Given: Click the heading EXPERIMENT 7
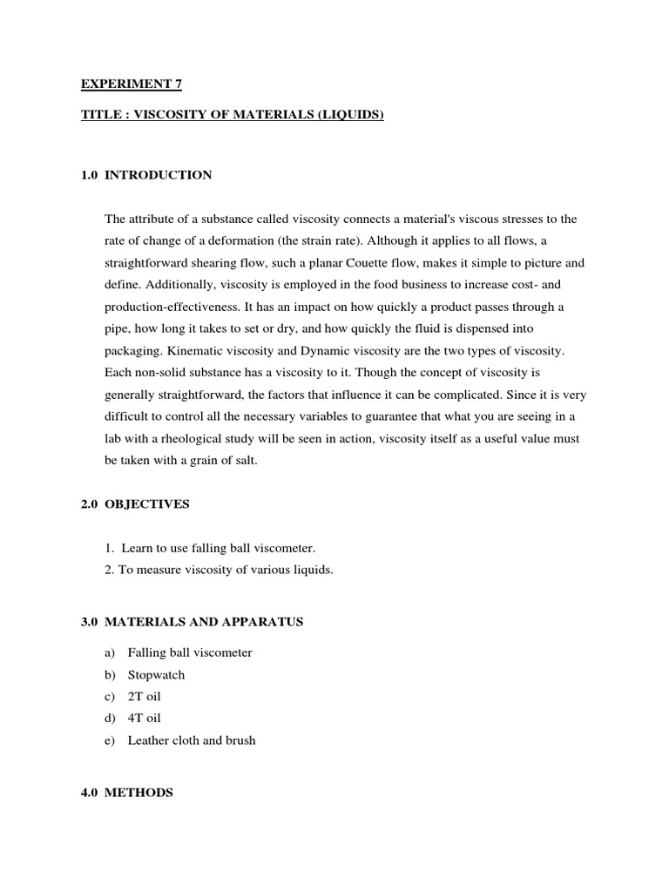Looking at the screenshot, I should click(x=132, y=84).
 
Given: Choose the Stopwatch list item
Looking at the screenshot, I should click(x=156, y=674).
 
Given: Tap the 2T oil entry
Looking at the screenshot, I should click(x=145, y=696).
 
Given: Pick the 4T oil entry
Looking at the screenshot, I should click(x=145, y=718).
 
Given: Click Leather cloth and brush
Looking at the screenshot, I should click(x=192, y=740).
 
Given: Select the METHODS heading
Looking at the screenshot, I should click(x=139, y=793).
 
